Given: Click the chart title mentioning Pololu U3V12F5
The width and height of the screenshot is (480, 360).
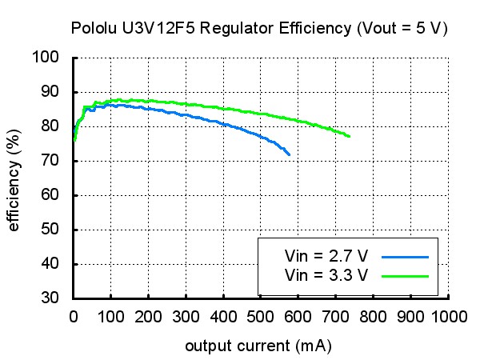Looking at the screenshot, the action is [x=259, y=29].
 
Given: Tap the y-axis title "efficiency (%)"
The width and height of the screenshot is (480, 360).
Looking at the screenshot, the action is [x=14, y=180].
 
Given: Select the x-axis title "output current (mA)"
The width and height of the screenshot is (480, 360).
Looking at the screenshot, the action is [x=258, y=346].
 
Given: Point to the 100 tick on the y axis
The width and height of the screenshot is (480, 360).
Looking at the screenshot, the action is [x=46, y=57].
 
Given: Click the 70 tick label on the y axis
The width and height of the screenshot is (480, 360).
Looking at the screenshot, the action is [x=50, y=160].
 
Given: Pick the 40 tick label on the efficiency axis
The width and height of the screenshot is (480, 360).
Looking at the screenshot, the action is [x=50, y=263].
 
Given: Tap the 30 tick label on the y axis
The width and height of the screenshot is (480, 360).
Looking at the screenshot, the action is [x=50, y=298].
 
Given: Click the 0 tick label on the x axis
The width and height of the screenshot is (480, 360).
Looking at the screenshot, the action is [x=74, y=317].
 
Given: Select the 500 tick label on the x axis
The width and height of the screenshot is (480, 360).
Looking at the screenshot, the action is [x=261, y=317].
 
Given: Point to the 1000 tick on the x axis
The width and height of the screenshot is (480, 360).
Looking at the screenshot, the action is [x=449, y=317].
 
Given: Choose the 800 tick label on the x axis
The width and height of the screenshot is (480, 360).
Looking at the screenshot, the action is [x=373, y=317].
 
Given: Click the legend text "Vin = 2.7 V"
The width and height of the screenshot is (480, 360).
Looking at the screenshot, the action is [x=326, y=256].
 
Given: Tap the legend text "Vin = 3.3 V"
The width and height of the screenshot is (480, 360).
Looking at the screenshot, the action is [x=326, y=275].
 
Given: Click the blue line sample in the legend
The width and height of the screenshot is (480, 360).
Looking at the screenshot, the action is [x=405, y=257].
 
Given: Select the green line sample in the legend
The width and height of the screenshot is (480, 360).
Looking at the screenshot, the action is [x=405, y=277].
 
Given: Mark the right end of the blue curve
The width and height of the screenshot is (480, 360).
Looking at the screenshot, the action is [x=290, y=155].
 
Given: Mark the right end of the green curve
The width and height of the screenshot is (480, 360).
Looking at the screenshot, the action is [x=350, y=136].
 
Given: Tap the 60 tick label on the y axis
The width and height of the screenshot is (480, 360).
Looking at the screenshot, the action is [x=50, y=194].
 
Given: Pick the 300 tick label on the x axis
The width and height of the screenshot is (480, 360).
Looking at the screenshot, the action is [x=186, y=317].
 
